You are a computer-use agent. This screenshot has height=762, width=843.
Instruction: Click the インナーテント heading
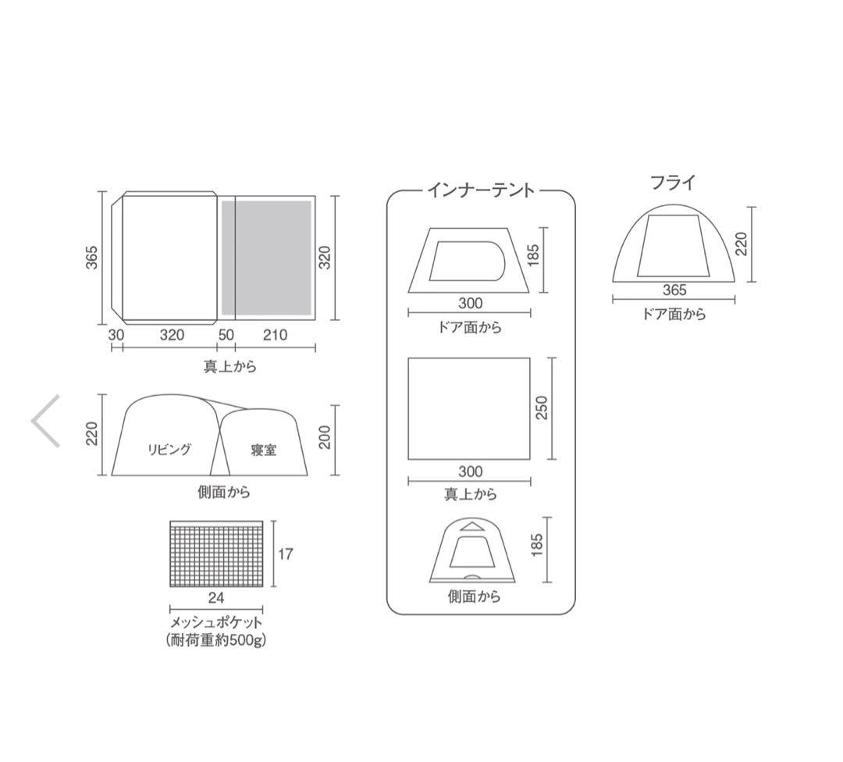(481, 190)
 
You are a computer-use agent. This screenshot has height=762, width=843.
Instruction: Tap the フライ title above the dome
(672, 183)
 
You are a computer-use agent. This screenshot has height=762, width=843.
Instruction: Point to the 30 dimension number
(116, 335)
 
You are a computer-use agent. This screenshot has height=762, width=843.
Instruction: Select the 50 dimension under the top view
(226, 335)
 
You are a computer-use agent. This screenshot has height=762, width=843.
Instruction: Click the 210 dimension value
(275, 335)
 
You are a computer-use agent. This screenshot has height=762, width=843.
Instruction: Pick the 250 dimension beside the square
(542, 408)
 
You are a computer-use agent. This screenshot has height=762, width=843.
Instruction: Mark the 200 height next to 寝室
(325, 438)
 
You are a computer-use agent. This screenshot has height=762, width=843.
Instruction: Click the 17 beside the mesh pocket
(285, 554)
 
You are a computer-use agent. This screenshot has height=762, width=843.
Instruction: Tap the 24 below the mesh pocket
(216, 598)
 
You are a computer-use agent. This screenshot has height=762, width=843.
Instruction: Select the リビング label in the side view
(169, 450)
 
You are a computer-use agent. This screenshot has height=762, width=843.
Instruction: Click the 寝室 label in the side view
(264, 450)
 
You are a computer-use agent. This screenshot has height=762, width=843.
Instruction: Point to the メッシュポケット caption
(216, 623)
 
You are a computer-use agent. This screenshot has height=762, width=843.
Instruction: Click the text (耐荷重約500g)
(216, 640)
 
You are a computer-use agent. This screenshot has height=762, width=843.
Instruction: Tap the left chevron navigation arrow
(46, 421)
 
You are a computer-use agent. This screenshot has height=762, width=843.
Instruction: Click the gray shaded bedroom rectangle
(266, 258)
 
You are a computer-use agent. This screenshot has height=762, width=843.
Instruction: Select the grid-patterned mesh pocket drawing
(216, 554)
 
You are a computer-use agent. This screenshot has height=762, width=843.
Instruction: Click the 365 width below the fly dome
(674, 290)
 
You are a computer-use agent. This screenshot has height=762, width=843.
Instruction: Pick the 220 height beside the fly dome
(741, 243)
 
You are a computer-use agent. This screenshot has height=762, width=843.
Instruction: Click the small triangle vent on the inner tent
(471, 527)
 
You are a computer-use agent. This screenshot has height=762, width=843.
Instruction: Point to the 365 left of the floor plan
(92, 258)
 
